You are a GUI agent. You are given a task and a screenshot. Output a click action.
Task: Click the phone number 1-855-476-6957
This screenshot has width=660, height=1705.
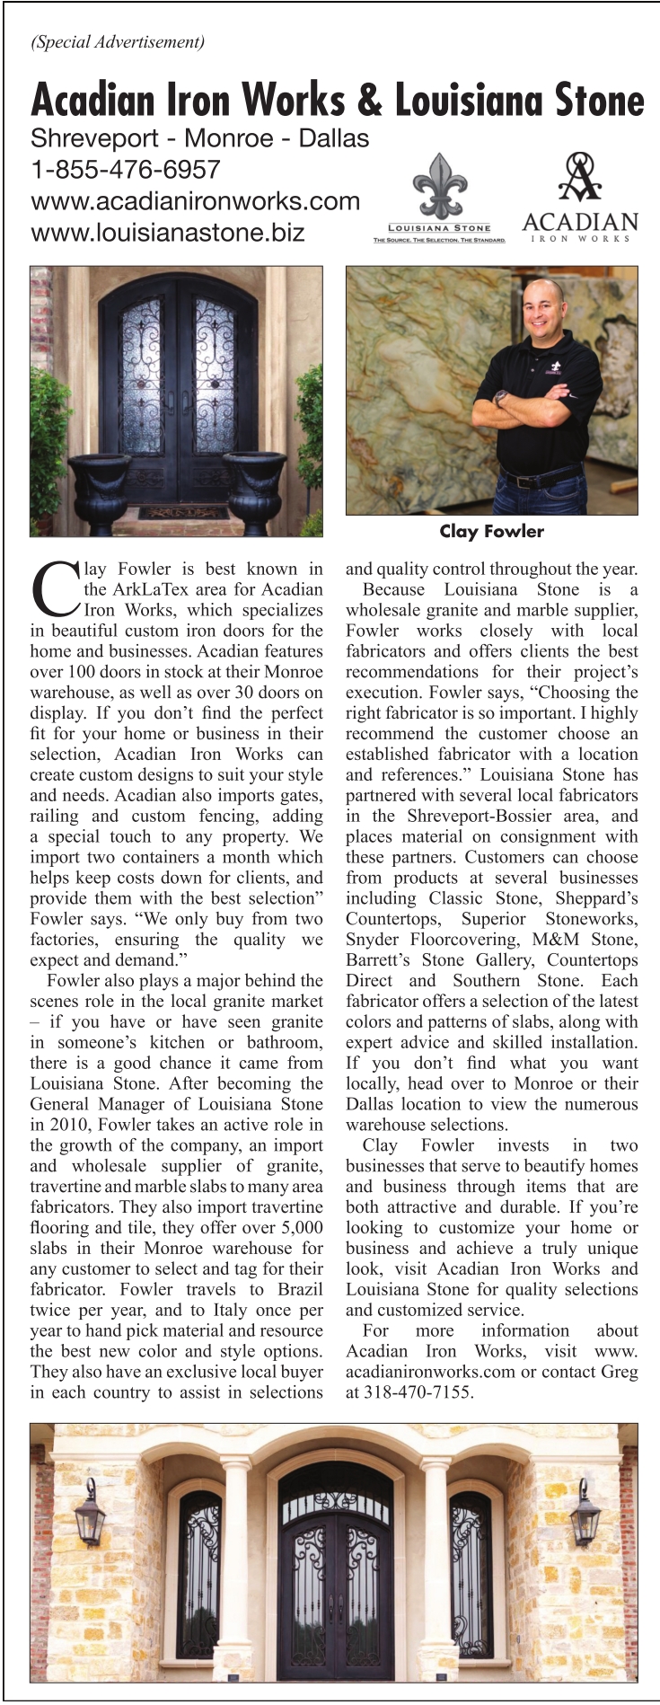coord(126,169)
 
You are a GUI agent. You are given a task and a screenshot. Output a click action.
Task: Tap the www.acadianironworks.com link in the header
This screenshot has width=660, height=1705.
coord(195,200)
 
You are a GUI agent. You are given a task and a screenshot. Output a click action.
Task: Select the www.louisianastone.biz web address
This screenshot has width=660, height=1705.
coord(168,232)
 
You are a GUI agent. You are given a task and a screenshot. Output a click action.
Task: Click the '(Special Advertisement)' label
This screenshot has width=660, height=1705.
coord(118,41)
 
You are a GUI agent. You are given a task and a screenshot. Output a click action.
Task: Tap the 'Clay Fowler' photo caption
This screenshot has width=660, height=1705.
coord(491,531)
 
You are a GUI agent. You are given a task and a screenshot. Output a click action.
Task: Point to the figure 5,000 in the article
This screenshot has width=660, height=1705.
coord(300,1227)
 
